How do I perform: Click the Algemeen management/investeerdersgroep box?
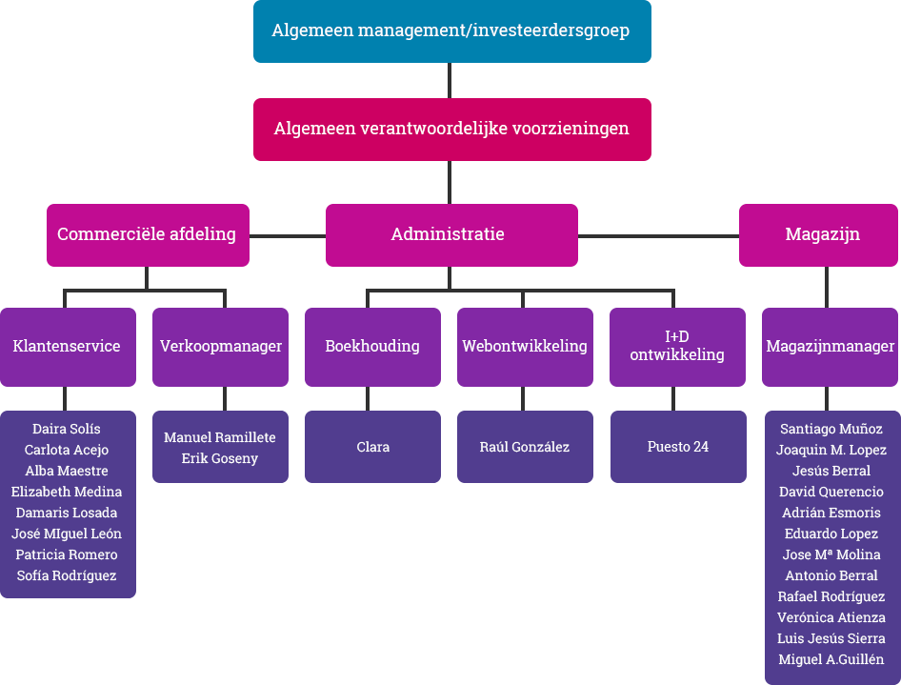[x=451, y=31]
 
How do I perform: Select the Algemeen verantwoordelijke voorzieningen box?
[x=451, y=129]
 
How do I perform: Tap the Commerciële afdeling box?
[x=147, y=234]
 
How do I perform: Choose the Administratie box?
[x=451, y=234]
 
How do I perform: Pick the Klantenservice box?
[x=67, y=347]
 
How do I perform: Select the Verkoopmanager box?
[x=220, y=347]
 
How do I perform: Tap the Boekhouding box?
[x=372, y=347]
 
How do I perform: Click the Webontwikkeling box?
[x=525, y=347]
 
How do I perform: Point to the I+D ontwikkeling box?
[x=677, y=347]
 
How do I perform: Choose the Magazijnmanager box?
[x=830, y=347]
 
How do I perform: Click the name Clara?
[x=372, y=447]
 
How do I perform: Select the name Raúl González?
[x=525, y=447]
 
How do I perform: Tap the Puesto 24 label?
[x=677, y=447]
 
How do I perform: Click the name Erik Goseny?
[x=220, y=458]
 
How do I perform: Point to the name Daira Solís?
[x=67, y=429]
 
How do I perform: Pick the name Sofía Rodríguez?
[x=67, y=575]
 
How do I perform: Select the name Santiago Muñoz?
[x=831, y=429]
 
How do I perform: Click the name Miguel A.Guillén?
[x=831, y=659]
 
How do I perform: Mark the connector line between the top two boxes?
[x=450, y=80]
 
